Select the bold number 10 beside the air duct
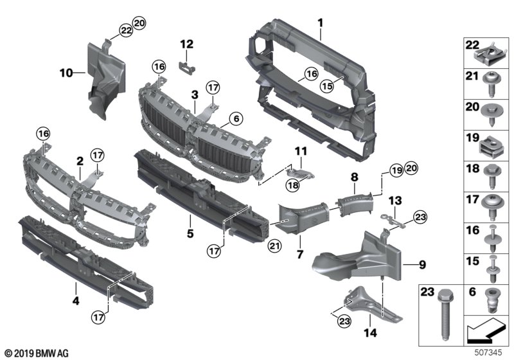(x=67, y=73)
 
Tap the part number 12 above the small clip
(x=186, y=44)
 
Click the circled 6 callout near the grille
(x=236, y=119)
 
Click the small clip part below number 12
(x=188, y=62)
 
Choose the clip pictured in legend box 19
(x=490, y=147)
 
